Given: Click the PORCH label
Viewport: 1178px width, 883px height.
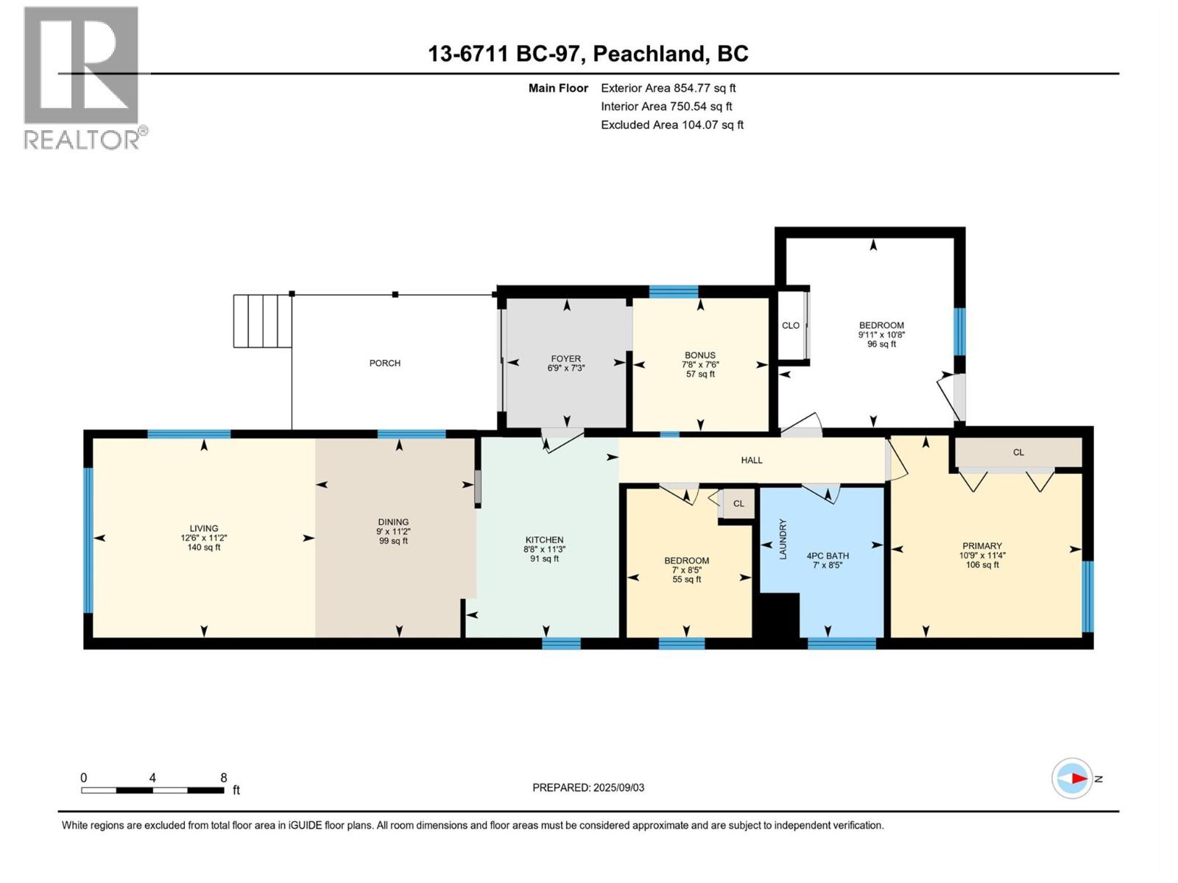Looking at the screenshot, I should pyautogui.click(x=385, y=363).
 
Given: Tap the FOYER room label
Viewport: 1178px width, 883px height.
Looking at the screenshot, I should pyautogui.click(x=566, y=358).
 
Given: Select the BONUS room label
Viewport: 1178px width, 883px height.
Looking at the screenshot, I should pyautogui.click(x=699, y=355).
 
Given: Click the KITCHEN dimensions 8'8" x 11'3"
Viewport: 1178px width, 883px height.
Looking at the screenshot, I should pyautogui.click(x=545, y=549).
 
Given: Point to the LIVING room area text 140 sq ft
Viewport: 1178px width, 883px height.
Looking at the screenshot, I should pyautogui.click(x=204, y=547).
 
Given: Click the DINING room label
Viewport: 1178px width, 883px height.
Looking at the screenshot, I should pyautogui.click(x=393, y=522).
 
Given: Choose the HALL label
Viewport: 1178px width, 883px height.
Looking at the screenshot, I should pyautogui.click(x=752, y=460).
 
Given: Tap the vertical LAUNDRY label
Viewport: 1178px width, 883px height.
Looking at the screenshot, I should pyautogui.click(x=783, y=539).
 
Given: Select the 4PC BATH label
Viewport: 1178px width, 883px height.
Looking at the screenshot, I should pyautogui.click(x=828, y=556).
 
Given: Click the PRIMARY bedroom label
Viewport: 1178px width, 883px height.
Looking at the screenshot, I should pyautogui.click(x=982, y=546).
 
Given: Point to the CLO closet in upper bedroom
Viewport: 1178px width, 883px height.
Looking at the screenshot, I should pyautogui.click(x=791, y=325).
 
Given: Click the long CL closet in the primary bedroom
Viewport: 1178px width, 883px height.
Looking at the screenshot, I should pyautogui.click(x=1018, y=453).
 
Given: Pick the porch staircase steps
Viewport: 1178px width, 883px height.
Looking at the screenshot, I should pyautogui.click(x=263, y=321).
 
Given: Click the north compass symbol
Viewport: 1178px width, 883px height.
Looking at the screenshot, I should pyautogui.click(x=1073, y=779).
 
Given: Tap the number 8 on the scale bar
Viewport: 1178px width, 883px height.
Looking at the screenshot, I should pyautogui.click(x=224, y=778).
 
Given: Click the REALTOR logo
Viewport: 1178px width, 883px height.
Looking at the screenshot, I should pyautogui.click(x=82, y=77).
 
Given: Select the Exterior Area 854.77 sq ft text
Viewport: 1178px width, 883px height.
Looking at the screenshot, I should pyautogui.click(x=669, y=88).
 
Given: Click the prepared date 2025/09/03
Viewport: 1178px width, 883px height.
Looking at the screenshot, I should pyautogui.click(x=618, y=787).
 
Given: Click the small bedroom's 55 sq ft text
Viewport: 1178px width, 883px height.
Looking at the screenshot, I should pyautogui.click(x=686, y=579).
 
